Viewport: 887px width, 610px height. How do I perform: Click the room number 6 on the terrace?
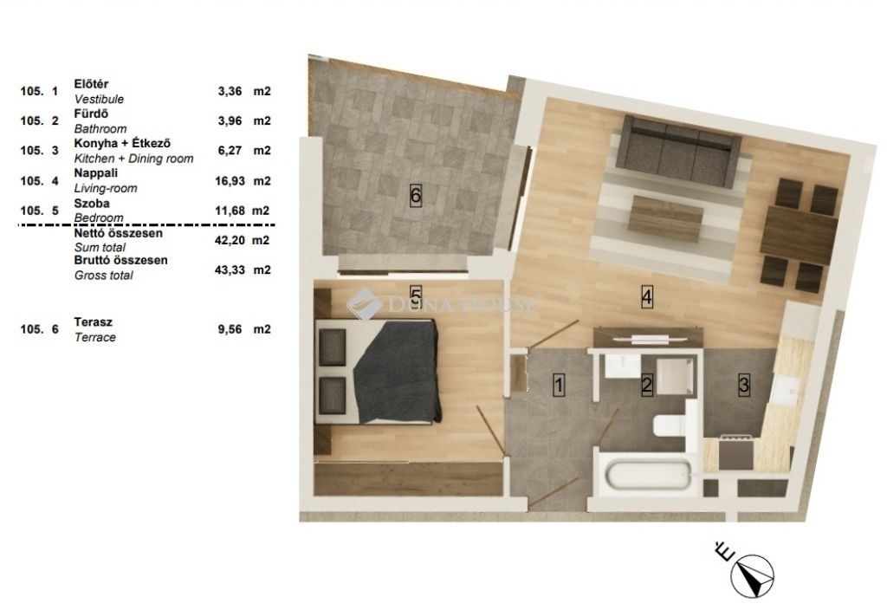(415, 196)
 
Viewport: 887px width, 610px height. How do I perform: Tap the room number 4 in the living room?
(646, 296)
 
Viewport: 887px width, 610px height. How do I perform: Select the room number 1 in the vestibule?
(559, 386)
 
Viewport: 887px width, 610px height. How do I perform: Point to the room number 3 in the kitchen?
(744, 386)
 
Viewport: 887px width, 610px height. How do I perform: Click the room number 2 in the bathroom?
(646, 386)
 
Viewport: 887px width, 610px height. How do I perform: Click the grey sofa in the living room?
(677, 151)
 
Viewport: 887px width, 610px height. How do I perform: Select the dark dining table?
(799, 231)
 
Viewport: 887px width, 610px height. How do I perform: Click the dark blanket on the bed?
(398, 372)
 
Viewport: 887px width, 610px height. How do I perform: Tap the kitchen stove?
(735, 452)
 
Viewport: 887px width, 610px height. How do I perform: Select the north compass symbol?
(752, 576)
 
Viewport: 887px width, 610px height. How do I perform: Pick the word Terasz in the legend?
(94, 322)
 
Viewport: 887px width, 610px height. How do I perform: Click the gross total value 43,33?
(230, 270)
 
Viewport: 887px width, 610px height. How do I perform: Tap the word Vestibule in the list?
(99, 99)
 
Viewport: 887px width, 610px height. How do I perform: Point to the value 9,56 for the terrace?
(230, 329)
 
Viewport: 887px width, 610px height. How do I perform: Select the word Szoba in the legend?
(92, 203)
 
